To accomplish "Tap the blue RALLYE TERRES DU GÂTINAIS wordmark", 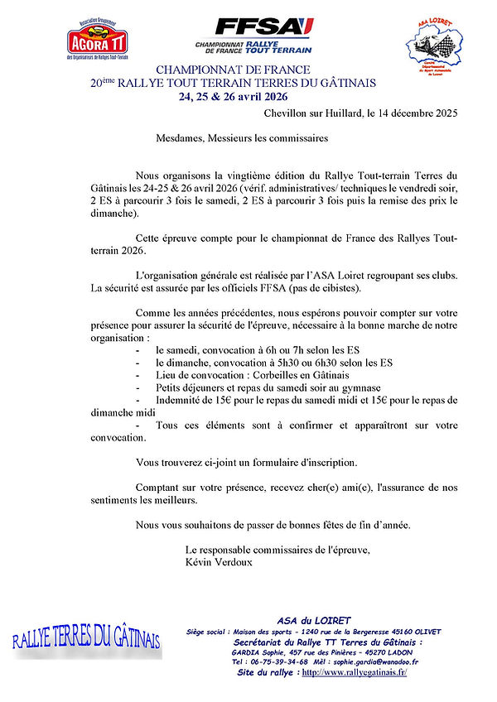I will click(86, 638).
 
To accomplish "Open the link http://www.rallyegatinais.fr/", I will click(355, 672).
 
